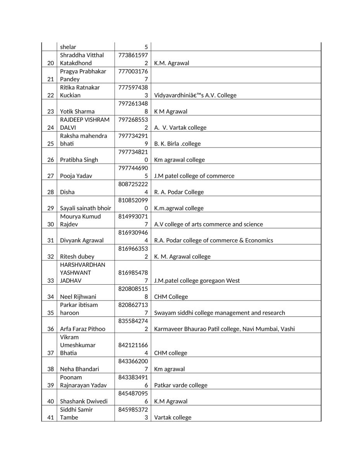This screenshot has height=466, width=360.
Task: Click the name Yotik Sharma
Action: tap(77, 111)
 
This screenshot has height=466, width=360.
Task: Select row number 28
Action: tap(50, 192)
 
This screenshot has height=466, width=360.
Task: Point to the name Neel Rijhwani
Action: tap(78, 297)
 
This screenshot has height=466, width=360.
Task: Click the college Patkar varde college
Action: tap(181, 385)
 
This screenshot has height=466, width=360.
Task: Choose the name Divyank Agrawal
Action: tap(82, 240)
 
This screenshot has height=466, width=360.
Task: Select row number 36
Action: tap(50, 329)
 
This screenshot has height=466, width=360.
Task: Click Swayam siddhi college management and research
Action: tap(220, 313)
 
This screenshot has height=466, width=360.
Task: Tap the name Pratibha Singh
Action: tap(79, 160)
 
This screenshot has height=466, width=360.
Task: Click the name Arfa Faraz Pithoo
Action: tap(83, 329)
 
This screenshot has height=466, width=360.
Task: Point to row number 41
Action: tap(50, 417)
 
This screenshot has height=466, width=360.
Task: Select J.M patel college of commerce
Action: tap(194, 176)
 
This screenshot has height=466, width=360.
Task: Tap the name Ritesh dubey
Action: tap(77, 256)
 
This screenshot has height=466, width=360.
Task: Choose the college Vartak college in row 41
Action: tap(173, 417)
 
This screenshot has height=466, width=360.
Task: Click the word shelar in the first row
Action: tap(68, 47)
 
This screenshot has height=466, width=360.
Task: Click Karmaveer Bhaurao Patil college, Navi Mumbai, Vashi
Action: tap(225, 329)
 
